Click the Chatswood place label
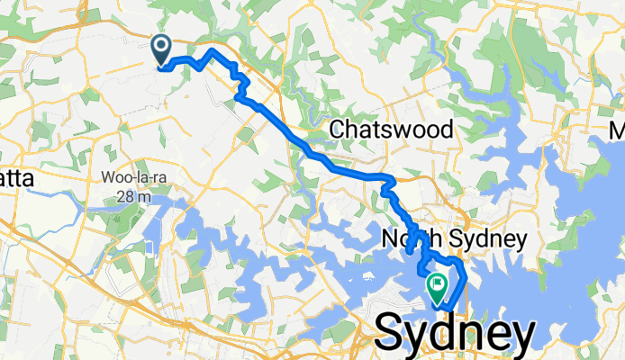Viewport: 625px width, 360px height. (x=390, y=130)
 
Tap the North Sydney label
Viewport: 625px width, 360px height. (x=452, y=239)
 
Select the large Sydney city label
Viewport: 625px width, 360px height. (x=453, y=333)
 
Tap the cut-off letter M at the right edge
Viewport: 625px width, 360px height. (x=616, y=131)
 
